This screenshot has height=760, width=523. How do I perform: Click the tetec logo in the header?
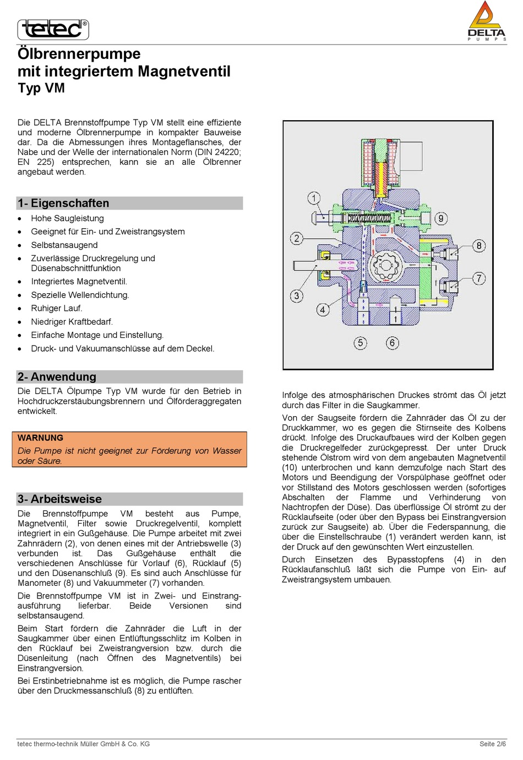[53, 30]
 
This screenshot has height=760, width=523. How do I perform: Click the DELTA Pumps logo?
[487, 21]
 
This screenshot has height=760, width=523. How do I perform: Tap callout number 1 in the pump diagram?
[314, 198]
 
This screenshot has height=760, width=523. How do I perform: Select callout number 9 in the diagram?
[440, 218]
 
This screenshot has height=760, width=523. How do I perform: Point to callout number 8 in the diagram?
[478, 245]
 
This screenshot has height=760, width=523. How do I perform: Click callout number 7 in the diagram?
[478, 278]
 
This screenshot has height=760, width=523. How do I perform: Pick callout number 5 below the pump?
[360, 343]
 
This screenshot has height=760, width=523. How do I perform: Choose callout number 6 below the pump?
[392, 343]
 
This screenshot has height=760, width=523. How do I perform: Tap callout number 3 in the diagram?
[297, 296]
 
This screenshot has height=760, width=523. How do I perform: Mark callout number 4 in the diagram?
[323, 309]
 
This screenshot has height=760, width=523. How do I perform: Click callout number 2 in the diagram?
[297, 238]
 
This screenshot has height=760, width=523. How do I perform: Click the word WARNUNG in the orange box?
[40, 438]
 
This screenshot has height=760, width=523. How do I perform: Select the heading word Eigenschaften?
[70, 203]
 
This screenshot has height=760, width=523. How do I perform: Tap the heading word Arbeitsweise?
[66, 499]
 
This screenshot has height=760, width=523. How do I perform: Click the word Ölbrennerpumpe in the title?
[79, 53]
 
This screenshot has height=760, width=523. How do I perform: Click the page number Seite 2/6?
[493, 743]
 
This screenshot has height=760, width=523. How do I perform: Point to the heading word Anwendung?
[63, 376]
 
